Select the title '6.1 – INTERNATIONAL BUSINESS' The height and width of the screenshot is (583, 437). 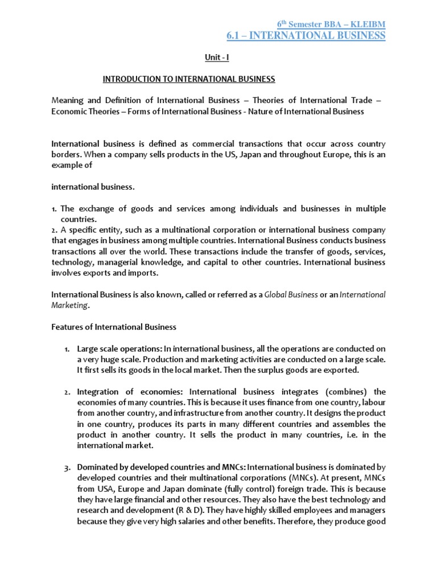pyautogui.click(x=306, y=36)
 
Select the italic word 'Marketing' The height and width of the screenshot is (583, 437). pyautogui.click(x=69, y=305)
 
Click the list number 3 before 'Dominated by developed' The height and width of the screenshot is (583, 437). pyautogui.click(x=66, y=467)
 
